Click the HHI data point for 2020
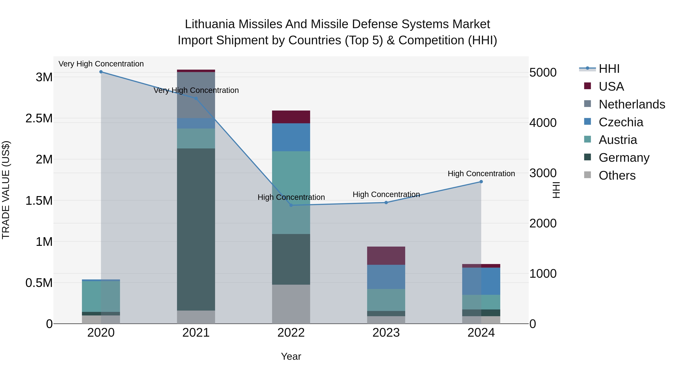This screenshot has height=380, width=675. coord(101,72)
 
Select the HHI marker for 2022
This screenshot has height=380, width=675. coord(291,205)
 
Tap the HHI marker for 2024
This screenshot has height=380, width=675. coord(481,182)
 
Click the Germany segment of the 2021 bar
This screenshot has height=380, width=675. coord(196,230)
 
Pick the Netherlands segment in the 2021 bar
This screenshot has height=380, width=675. coord(196,95)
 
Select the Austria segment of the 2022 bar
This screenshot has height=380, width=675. coord(291,193)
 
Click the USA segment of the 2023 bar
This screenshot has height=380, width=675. coord(386,256)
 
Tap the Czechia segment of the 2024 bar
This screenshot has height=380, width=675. coord(481,281)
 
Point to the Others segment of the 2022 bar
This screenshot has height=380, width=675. coord(291,304)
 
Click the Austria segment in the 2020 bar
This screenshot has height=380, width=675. coord(101,296)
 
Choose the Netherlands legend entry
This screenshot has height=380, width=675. coord(631,104)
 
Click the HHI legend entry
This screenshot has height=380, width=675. coord(609,69)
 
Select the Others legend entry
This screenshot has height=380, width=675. coord(617,175)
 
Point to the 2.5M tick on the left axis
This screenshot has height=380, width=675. coord(39,118)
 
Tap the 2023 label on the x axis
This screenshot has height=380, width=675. coord(386,333)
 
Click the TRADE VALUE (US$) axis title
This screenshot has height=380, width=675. coord(6,190)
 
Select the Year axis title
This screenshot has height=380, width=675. coord(291,356)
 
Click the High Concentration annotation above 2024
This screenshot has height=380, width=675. coord(481,174)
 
